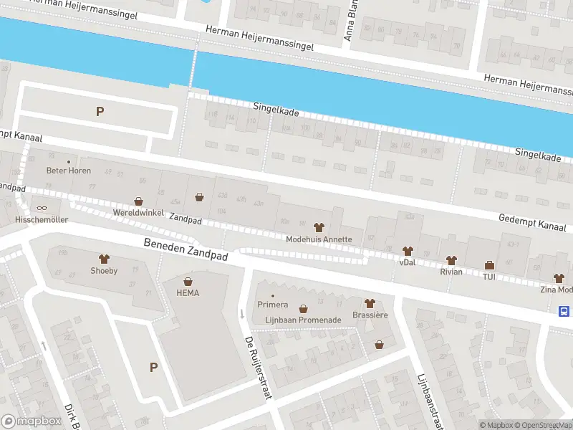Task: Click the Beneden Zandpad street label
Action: click(x=185, y=249)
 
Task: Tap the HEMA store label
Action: click(x=188, y=292)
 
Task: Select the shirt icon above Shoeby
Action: click(x=104, y=259)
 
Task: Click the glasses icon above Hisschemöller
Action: click(x=42, y=208)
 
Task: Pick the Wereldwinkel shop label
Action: click(x=138, y=214)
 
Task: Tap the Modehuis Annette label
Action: click(x=319, y=239)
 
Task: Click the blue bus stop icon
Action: click(x=564, y=311)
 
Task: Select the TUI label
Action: click(x=489, y=276)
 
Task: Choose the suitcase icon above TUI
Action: click(x=489, y=264)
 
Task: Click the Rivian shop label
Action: click(x=451, y=272)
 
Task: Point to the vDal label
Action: click(x=408, y=262)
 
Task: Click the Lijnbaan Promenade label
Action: click(x=303, y=320)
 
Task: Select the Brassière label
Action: click(x=370, y=315)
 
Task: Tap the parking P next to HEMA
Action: click(x=153, y=367)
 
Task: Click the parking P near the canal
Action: click(x=100, y=111)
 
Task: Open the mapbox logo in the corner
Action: click(x=30, y=421)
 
